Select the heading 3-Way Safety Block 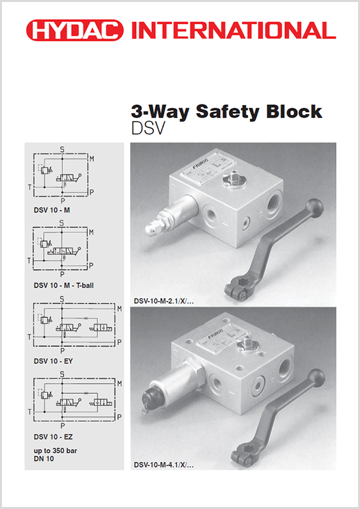[226, 112]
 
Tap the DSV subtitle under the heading [148, 129]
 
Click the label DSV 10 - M [53, 208]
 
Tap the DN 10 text [44, 459]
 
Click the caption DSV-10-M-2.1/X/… [163, 300]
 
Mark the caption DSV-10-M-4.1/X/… [163, 465]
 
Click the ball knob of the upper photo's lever [315, 206]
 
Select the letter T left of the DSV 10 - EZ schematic [29, 413]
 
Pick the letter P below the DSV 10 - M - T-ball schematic [62, 274]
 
